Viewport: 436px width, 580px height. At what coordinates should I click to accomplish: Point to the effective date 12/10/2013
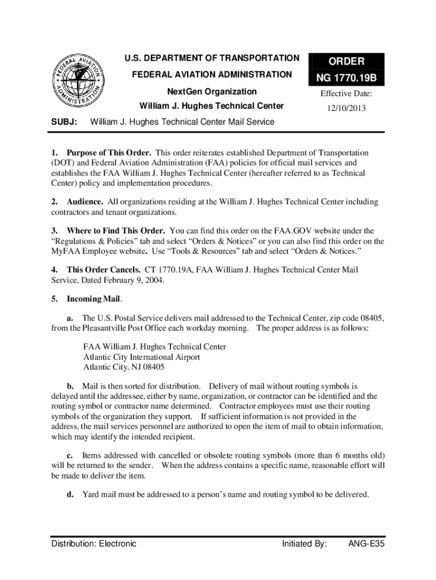(x=346, y=108)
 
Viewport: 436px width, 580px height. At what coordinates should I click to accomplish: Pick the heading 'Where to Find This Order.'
(x=116, y=231)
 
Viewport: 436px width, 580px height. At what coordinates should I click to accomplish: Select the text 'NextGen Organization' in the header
(x=211, y=92)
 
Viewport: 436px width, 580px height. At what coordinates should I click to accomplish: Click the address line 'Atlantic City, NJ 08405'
(x=124, y=367)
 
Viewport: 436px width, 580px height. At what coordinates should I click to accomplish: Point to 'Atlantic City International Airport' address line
(x=142, y=357)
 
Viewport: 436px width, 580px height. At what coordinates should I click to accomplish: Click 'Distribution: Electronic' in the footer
(x=94, y=544)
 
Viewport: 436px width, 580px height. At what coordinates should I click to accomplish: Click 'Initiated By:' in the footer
(x=304, y=544)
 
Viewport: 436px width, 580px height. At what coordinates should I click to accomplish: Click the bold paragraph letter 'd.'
(x=71, y=494)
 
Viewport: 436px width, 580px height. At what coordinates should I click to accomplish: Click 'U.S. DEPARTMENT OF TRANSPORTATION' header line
(x=212, y=58)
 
